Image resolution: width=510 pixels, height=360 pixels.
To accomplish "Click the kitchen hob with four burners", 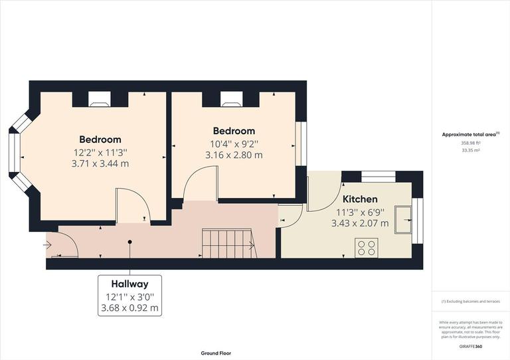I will click(x=366, y=248).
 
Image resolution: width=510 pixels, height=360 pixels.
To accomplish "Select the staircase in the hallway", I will click(x=228, y=243).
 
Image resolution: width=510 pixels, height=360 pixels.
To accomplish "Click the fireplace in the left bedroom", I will click(x=100, y=100).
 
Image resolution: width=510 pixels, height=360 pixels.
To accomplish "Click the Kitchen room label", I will click(x=360, y=199).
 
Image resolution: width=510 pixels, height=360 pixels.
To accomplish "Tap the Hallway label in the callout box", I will click(x=129, y=284).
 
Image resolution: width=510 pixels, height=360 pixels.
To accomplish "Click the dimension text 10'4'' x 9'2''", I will click(x=234, y=143).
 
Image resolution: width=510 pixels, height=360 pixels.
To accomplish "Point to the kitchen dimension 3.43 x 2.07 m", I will click(x=359, y=223).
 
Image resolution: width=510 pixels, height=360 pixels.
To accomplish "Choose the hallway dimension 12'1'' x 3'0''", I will click(x=129, y=296).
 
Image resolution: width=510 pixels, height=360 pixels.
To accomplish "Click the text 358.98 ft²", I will click(x=471, y=143).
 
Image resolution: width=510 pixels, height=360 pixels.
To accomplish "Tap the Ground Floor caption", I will click(x=216, y=353).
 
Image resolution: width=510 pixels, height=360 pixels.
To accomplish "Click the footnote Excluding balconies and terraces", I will click(x=471, y=302).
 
